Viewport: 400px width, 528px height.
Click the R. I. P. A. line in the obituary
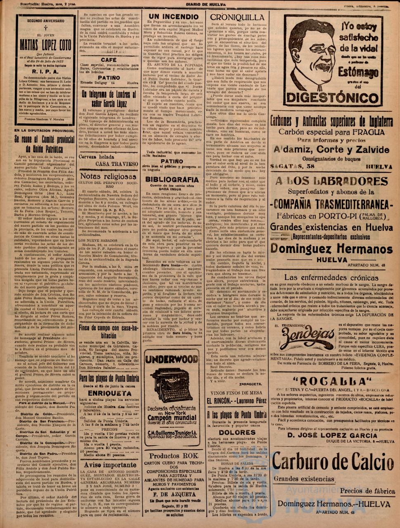(x=46, y=71)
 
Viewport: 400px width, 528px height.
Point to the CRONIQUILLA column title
(x=237, y=18)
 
